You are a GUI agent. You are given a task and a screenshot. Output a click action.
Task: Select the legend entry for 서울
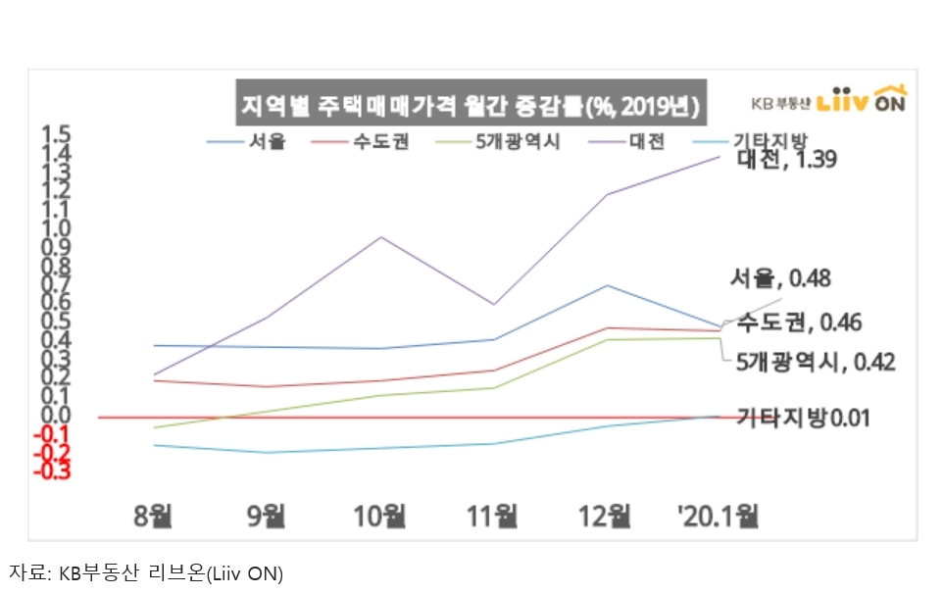point(246,142)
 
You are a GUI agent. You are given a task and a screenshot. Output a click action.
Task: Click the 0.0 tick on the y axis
point(57,417)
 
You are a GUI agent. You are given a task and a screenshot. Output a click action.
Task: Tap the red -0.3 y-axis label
point(55,471)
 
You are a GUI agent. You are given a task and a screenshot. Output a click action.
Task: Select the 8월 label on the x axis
point(154,514)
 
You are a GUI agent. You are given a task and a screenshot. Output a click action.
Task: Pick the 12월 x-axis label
point(606,514)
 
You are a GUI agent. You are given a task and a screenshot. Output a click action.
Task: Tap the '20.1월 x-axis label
point(720,514)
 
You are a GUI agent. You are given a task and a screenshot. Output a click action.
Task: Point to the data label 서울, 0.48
point(780,279)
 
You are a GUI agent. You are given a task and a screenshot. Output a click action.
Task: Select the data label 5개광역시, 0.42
point(816,363)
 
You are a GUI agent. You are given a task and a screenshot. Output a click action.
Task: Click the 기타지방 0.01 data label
point(802,418)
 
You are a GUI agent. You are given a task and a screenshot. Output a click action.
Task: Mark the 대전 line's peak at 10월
point(380,237)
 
